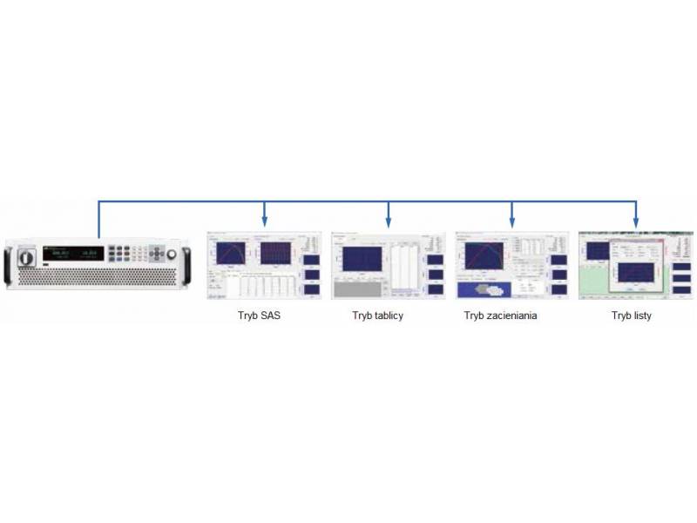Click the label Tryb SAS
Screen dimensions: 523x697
[x=259, y=316]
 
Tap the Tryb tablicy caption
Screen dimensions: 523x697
[x=377, y=316]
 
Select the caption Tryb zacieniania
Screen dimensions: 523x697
[x=500, y=316]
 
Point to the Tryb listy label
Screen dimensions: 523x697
[x=631, y=316]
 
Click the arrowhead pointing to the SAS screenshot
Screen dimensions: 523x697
[x=265, y=223]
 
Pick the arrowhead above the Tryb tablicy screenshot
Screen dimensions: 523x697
[x=389, y=223]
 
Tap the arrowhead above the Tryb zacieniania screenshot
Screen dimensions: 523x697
[x=511, y=223]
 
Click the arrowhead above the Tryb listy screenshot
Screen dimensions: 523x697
[x=636, y=223]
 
